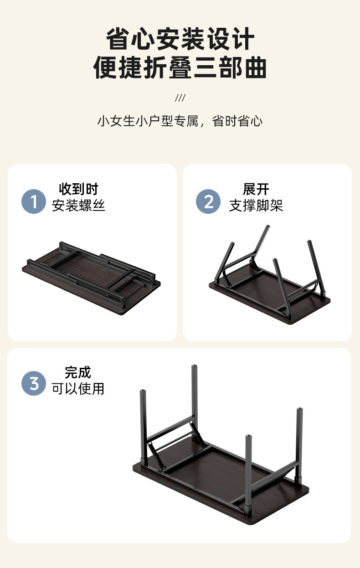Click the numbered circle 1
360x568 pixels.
(x=34, y=201)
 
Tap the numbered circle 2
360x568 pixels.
(x=208, y=201)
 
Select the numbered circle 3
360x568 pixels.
(x=34, y=383)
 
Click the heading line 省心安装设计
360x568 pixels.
(x=180, y=39)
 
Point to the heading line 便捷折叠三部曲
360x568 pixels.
(x=180, y=68)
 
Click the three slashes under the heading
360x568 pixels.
(x=180, y=98)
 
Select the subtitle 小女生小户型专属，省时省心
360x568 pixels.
(x=180, y=121)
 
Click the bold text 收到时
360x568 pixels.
(x=78, y=189)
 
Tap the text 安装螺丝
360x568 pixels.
(x=78, y=206)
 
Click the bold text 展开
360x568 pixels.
(x=256, y=189)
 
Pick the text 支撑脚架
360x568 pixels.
(x=256, y=206)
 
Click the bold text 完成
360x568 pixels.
(x=78, y=372)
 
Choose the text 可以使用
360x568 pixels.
(x=78, y=388)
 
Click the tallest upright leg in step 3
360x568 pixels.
(x=195, y=401)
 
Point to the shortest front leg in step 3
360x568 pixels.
(x=248, y=470)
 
